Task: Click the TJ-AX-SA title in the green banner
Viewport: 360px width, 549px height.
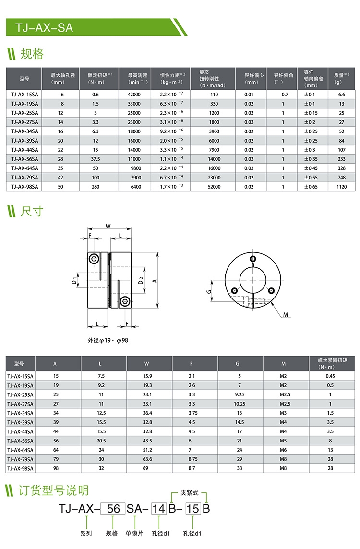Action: pos(44,27)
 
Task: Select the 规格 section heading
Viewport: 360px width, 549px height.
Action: pos(32,54)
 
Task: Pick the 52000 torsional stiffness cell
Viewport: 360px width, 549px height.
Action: pos(214,186)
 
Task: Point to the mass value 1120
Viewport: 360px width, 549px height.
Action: pos(341,186)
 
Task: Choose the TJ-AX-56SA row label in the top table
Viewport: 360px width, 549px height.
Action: pos(24,159)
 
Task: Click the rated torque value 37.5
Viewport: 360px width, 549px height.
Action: pos(96,159)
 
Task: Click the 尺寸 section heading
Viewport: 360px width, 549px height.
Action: pos(32,211)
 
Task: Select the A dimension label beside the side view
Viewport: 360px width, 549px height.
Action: pos(155,281)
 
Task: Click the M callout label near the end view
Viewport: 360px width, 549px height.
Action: pos(285,315)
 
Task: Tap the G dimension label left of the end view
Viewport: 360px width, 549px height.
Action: pos(209,291)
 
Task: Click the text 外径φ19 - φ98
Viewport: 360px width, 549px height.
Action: pos(108,340)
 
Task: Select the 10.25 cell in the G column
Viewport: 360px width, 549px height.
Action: pos(239,404)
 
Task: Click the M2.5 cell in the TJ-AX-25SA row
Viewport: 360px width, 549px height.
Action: pos(285,394)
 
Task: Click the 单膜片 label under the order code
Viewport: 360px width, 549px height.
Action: pos(134,533)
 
